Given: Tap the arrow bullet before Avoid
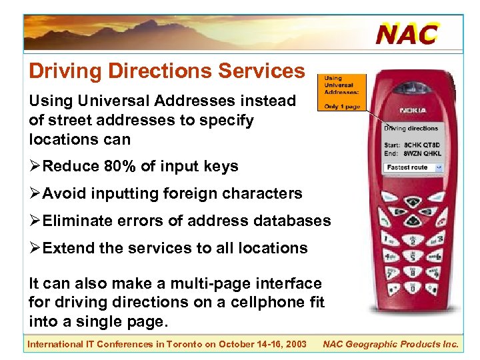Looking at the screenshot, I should point(35,193).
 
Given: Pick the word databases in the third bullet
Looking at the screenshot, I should point(295,220).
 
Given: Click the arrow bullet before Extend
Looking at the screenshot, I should point(35,248).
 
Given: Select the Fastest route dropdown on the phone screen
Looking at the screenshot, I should point(413,167).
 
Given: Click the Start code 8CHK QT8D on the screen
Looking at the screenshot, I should point(422,145).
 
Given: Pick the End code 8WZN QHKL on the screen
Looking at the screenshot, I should point(422,153).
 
